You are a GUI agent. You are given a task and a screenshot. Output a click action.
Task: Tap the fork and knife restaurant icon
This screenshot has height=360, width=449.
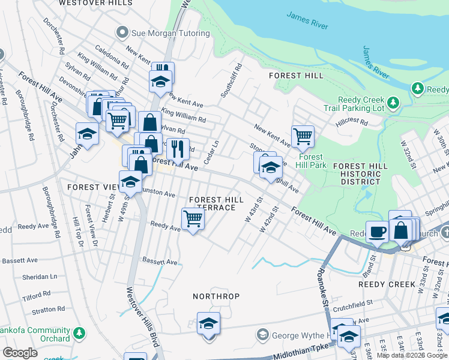178,148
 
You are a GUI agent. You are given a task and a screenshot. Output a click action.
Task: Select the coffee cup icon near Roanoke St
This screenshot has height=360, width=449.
378,231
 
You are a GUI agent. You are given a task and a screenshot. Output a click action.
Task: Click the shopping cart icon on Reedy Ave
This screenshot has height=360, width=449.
193,219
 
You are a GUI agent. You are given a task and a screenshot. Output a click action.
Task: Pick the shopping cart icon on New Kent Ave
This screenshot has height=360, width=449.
303,136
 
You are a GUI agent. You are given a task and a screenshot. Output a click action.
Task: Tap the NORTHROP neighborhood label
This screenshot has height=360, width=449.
216,296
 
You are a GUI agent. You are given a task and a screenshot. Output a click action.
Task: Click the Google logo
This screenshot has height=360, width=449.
20,352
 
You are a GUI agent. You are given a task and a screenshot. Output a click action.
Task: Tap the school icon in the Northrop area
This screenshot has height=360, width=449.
208,324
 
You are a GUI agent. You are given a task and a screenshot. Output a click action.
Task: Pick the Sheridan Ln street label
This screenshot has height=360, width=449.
40,276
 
